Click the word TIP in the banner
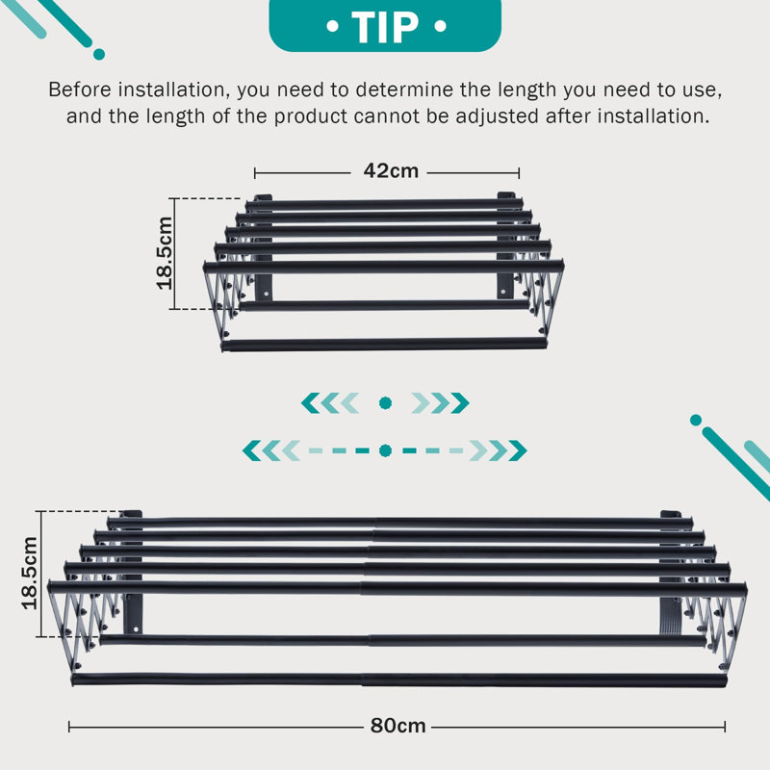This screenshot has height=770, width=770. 385,27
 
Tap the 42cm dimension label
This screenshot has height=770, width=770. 391,171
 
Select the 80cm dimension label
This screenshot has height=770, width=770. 398,726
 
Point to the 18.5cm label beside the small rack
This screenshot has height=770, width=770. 165,253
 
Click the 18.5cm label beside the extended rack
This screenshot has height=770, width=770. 30,573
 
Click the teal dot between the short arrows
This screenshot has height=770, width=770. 386,403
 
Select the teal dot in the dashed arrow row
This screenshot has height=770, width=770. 386,450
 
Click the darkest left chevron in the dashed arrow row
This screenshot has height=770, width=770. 252,450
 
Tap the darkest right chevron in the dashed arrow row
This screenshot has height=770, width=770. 518,450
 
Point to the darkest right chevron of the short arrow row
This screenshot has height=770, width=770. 460,403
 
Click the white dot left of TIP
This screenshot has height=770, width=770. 332,26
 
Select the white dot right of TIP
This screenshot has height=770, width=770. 441,26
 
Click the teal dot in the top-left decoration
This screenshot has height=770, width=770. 99,54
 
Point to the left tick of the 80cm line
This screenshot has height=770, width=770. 69,727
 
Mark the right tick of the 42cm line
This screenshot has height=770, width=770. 519,173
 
